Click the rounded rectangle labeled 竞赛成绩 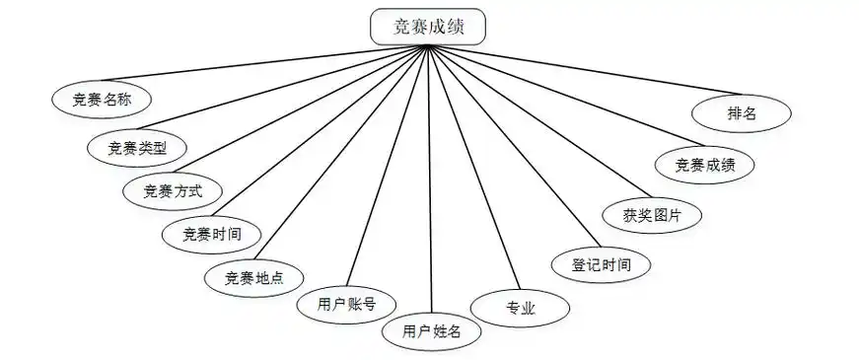428,27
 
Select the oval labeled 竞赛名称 102,100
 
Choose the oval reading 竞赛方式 172,190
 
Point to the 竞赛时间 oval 212,234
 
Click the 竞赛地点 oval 254,277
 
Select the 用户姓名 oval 432,331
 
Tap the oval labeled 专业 520,308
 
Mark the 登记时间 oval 602,263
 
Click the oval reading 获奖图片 652,215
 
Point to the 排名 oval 742,112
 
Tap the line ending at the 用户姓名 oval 429,178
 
